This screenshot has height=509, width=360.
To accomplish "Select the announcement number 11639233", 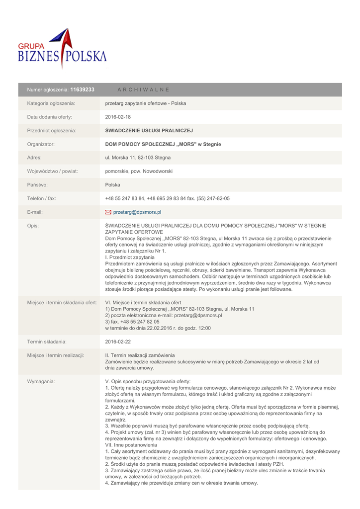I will (83, 89).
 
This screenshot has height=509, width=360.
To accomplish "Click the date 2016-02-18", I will (118, 117).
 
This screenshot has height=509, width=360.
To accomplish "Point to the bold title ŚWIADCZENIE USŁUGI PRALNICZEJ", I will (149, 131).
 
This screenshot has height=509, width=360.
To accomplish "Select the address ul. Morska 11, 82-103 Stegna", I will (138, 158).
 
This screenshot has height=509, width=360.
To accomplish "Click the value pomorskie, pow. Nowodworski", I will (139, 171).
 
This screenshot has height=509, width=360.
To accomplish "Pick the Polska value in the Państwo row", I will (113, 185).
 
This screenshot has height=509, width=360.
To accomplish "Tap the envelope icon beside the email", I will (108, 212).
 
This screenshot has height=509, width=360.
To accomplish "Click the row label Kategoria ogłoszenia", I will (51, 103).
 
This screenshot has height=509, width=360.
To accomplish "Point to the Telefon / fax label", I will (42, 198).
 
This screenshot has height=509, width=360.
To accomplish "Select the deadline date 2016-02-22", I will (118, 341).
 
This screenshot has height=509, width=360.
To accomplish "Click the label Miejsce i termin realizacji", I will (55, 355).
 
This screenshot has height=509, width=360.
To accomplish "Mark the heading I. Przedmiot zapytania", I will (130, 257).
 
